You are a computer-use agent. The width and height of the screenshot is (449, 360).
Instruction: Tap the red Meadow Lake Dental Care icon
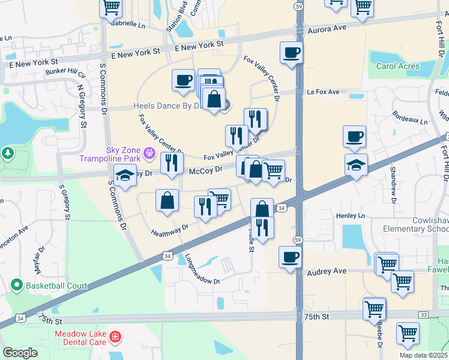click(x=115, y=341)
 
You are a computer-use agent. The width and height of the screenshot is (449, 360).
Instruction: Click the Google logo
click(x=20, y=353)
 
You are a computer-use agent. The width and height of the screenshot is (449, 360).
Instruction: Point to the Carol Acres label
click(x=397, y=66)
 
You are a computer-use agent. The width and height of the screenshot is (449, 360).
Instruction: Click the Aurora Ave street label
click(x=327, y=28)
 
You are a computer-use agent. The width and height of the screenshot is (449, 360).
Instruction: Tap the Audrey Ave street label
click(x=327, y=272)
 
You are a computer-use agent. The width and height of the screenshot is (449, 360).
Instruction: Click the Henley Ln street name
click(x=351, y=215)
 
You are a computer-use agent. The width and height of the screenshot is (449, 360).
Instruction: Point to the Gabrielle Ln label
click(x=128, y=26)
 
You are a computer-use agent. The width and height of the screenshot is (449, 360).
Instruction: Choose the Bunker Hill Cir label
click(x=66, y=72)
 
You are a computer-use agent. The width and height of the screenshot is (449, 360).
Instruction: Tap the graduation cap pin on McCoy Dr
click(x=125, y=176)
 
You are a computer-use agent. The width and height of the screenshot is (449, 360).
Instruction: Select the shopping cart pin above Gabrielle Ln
click(x=111, y=7)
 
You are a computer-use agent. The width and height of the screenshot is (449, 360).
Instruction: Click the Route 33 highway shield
click(x=424, y=314)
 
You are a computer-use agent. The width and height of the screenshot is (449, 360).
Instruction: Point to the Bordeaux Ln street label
click(x=410, y=118)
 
